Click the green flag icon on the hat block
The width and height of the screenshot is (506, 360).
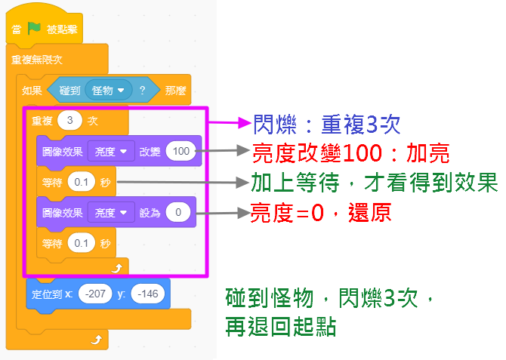coord(33,29)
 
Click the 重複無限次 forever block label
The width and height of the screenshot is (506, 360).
coord(37,60)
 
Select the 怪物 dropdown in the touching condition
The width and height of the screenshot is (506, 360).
coord(109,91)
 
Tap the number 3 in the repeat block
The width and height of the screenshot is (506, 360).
coord(69,121)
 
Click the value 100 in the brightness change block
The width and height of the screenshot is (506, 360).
coord(181,151)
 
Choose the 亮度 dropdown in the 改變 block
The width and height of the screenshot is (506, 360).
coord(110,151)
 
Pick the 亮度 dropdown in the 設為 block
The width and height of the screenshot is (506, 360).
coord(110,212)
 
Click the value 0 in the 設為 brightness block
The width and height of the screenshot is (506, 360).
coord(178,212)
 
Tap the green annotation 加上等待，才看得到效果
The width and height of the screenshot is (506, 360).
coord(374,182)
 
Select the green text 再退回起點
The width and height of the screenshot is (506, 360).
coord(280,326)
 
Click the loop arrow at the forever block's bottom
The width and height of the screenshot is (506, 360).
coord(95,341)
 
